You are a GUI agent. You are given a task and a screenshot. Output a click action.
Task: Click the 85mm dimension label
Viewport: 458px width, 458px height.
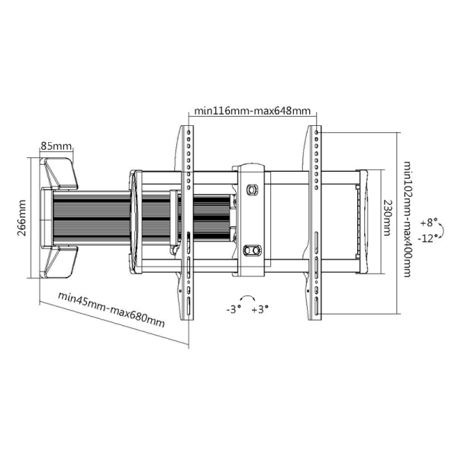[56, 146]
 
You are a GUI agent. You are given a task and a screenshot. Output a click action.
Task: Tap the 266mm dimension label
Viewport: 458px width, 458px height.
[21, 218]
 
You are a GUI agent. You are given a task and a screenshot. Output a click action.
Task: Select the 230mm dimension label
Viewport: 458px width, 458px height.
[387, 218]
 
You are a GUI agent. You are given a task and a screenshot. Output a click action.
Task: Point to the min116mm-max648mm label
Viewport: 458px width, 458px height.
[253, 111]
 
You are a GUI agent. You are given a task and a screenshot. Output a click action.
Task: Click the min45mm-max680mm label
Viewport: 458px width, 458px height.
[111, 309]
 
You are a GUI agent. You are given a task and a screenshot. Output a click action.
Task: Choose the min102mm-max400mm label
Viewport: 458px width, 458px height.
[407, 219]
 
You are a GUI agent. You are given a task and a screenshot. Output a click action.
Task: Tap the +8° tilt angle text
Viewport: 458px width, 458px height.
[429, 223]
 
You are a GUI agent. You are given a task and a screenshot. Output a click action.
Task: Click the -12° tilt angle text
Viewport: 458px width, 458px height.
[427, 238]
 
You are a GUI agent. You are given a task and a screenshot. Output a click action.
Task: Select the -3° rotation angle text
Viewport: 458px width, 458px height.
[234, 309]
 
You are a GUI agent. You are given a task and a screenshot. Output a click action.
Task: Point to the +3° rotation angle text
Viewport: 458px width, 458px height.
[260, 309]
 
